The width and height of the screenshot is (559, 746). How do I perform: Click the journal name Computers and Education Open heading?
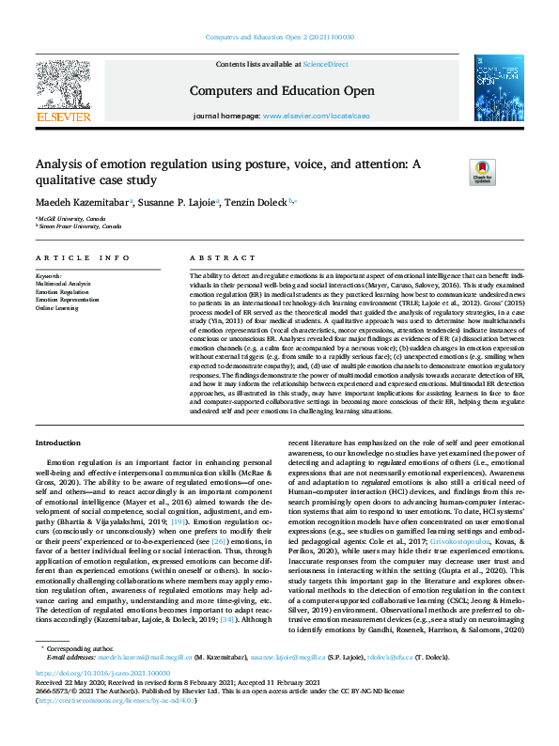coord(277,90)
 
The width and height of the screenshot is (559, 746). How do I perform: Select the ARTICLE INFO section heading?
coord(84,257)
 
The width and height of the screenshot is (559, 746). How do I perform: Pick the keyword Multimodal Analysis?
coord(64,281)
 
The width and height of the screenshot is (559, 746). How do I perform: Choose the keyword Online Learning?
coord(58,307)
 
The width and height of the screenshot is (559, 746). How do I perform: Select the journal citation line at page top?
coord(278,38)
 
